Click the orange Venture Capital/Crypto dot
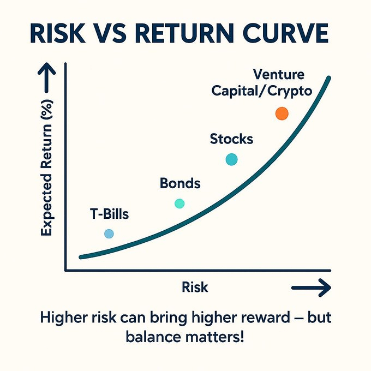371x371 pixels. tap(282, 113)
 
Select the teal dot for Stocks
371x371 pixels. tap(232, 159)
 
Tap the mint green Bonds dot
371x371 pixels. tap(179, 204)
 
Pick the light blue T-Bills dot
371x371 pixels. tap(109, 234)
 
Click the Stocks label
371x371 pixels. tap(231, 139)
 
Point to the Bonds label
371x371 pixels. tap(180, 183)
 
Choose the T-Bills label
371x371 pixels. tap(110, 214)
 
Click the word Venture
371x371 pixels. tap(279, 74)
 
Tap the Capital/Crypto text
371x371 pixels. tap(262, 91)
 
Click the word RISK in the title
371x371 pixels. tap(58, 33)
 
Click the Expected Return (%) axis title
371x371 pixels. tap(46, 168)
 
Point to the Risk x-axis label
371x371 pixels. tap(195, 287)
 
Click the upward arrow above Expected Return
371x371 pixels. tap(46, 77)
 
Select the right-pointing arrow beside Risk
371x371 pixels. tap(311, 288)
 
